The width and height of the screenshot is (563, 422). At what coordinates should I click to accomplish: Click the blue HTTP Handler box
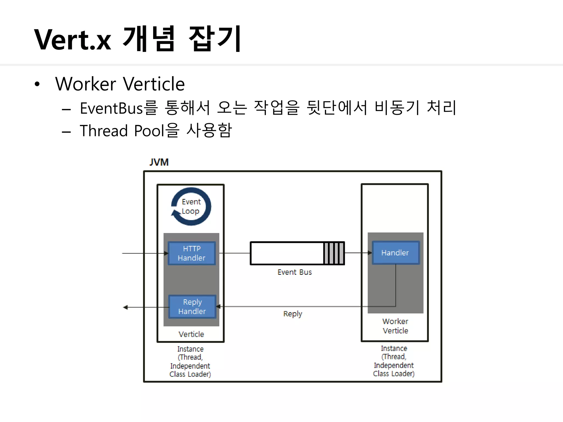(192, 253)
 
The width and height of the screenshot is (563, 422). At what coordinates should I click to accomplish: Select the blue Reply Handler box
(192, 307)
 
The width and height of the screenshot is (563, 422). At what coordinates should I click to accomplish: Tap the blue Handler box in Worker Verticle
(395, 253)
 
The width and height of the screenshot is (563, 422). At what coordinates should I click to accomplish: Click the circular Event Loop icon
(191, 207)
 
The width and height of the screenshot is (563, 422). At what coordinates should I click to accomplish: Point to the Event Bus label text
(294, 272)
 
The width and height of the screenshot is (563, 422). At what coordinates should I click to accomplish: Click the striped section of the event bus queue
(334, 253)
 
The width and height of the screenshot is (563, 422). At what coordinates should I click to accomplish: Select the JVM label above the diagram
(159, 162)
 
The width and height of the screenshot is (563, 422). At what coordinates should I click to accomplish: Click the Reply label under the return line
(292, 314)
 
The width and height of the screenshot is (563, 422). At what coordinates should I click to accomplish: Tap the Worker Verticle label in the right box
(395, 326)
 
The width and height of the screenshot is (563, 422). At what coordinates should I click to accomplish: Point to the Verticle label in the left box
(191, 334)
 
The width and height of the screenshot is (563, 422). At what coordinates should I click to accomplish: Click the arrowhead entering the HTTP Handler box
(166, 253)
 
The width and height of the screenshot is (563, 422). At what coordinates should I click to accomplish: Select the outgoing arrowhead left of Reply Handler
(125, 307)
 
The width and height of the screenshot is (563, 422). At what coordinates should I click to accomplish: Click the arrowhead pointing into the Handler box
(370, 253)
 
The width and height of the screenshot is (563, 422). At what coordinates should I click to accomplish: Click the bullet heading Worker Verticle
(120, 84)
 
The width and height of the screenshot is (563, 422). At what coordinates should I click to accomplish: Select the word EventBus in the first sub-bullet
(111, 108)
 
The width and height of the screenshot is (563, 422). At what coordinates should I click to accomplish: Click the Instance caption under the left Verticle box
(190, 362)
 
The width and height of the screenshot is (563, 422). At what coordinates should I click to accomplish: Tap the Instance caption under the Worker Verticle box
(394, 361)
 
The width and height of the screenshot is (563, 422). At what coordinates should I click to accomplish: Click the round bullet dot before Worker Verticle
(37, 84)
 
